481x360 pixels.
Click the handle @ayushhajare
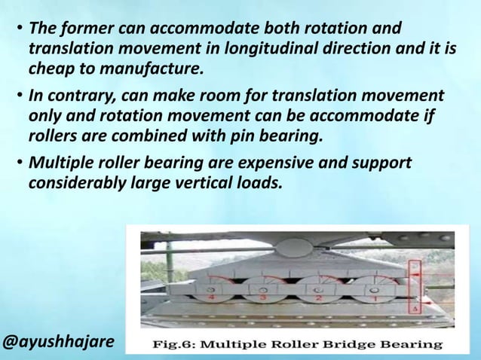point(59,342)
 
